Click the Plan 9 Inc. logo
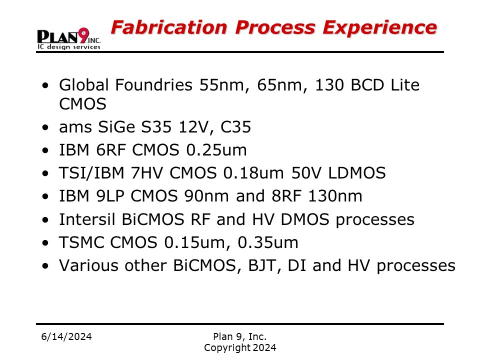pos(69,38)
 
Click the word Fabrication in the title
pos(169,27)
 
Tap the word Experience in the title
pos(380,27)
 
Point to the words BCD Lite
pos(385,85)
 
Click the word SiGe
pos(116,126)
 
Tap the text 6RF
pos(111,150)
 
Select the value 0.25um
pos(216,150)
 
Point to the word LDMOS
pos(357,173)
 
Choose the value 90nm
pos(206,196)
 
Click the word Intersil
pos(87,219)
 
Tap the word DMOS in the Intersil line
pos(305,219)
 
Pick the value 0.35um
pos(268,242)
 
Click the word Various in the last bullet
pos(88,265)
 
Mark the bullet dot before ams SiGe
pos(45,127)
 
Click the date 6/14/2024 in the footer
pos(66,336)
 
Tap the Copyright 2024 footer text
pos(240,348)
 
